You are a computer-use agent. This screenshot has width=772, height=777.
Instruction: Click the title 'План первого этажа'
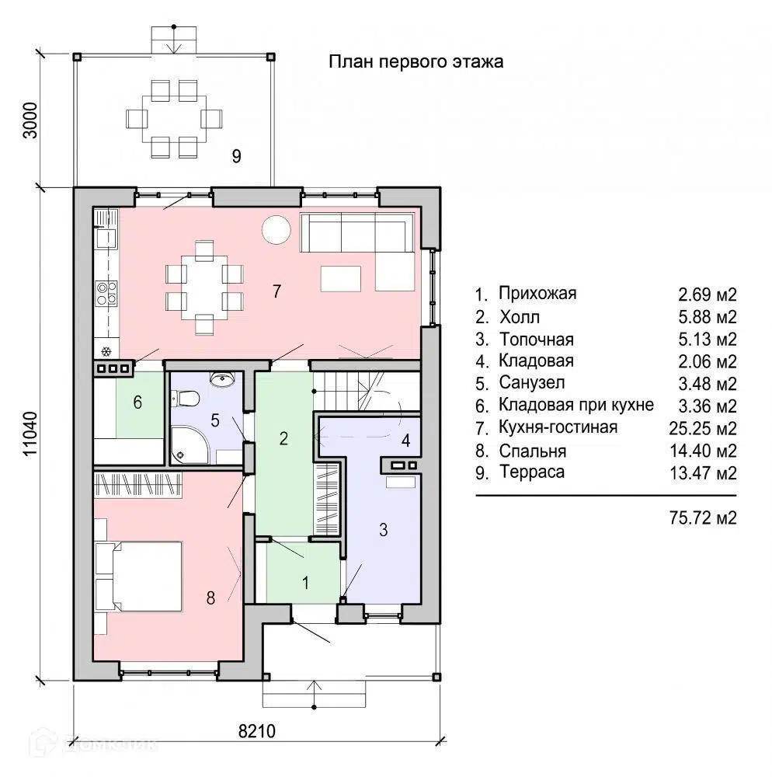click(x=416, y=62)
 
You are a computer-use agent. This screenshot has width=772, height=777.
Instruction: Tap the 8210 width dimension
click(x=256, y=731)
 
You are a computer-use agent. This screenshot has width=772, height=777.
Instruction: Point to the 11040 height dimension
click(x=30, y=434)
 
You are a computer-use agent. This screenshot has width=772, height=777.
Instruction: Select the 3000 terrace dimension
click(x=30, y=120)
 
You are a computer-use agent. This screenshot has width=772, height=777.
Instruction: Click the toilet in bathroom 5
click(x=185, y=397)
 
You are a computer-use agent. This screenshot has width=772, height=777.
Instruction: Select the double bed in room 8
click(x=144, y=576)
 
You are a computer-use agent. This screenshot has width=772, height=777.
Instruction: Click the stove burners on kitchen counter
click(x=106, y=293)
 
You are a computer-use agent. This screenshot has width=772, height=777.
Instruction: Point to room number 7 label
click(x=276, y=291)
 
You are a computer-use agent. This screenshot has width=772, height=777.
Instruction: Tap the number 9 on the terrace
click(x=237, y=156)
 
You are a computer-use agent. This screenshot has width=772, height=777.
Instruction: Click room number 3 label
click(x=383, y=530)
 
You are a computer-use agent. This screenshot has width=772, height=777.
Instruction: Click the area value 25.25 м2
click(x=703, y=428)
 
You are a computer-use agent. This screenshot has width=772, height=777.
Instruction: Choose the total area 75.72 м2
click(x=703, y=517)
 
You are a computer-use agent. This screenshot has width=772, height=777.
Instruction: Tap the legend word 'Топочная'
click(x=537, y=340)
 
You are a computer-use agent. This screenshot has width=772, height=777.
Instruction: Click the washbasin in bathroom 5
click(x=222, y=379)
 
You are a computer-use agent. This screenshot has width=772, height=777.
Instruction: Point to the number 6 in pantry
click(x=137, y=402)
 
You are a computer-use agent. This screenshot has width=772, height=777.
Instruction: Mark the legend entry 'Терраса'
click(x=532, y=472)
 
